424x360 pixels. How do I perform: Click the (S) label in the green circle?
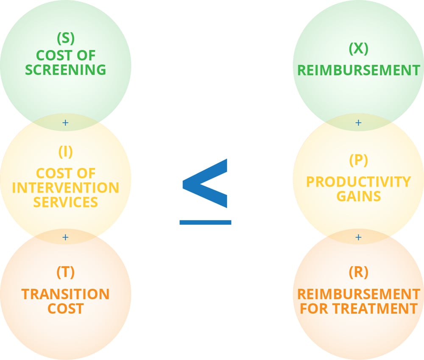click(x=65, y=39)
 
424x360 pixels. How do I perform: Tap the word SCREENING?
click(x=65, y=70)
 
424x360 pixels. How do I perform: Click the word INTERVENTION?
click(x=65, y=187)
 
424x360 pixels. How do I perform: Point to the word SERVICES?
click(x=65, y=202)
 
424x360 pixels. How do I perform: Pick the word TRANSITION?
click(x=65, y=294)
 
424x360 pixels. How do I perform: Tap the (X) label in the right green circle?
click(x=358, y=49)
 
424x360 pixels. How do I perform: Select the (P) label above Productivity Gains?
click(x=358, y=160)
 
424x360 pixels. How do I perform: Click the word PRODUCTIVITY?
click(x=358, y=182)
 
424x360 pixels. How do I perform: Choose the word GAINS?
click(x=358, y=196)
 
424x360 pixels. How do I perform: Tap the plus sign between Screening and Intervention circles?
click(x=65, y=123)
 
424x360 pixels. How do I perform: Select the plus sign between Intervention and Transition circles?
click(x=65, y=237)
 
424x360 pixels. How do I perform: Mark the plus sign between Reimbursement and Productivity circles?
click(x=358, y=123)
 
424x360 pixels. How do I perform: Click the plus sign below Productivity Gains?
click(x=358, y=237)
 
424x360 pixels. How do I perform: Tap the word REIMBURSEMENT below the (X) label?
click(x=358, y=70)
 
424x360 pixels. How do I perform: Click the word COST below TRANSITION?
click(x=65, y=308)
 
